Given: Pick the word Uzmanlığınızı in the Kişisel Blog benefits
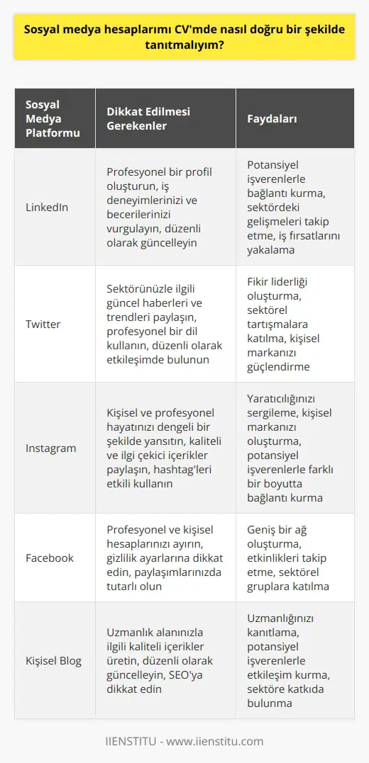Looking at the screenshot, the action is click(275, 618).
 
